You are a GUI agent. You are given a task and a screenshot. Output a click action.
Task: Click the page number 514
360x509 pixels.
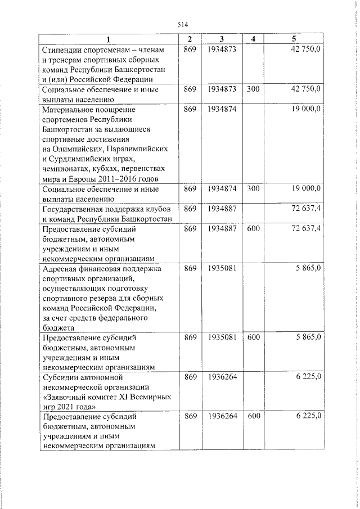point(182,24)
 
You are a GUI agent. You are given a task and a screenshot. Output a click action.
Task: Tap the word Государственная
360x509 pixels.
point(73,208)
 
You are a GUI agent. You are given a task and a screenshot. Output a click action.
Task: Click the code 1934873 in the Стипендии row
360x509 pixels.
point(220,50)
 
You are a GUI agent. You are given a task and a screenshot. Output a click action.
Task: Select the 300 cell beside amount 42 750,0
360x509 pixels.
point(253,89)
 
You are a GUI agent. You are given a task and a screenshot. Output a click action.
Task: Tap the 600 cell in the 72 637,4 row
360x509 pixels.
point(253,228)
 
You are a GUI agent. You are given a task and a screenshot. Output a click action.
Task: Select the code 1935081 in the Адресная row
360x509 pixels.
point(220,268)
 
